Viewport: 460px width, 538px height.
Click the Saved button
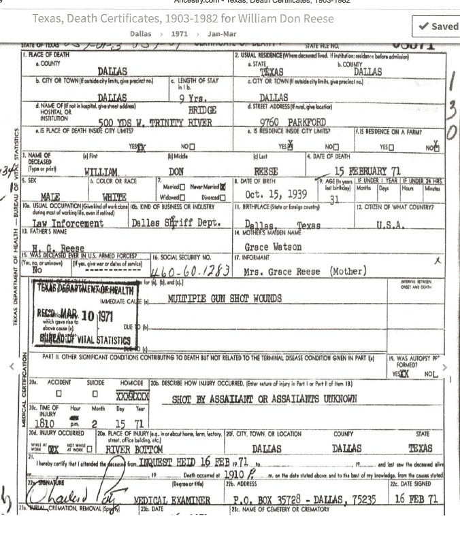[x=436, y=26]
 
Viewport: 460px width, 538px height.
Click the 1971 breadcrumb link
[x=179, y=33]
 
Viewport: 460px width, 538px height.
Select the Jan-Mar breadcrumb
[x=222, y=33]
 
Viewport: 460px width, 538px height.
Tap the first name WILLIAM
[x=101, y=173]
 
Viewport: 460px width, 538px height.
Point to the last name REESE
[x=265, y=173]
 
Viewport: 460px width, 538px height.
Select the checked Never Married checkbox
[x=223, y=187]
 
